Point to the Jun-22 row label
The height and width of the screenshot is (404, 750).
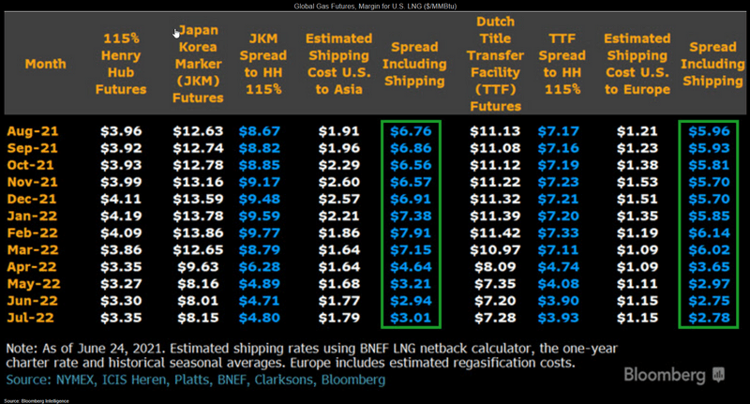[33, 301]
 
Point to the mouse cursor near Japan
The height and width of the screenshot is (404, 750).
[177, 33]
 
